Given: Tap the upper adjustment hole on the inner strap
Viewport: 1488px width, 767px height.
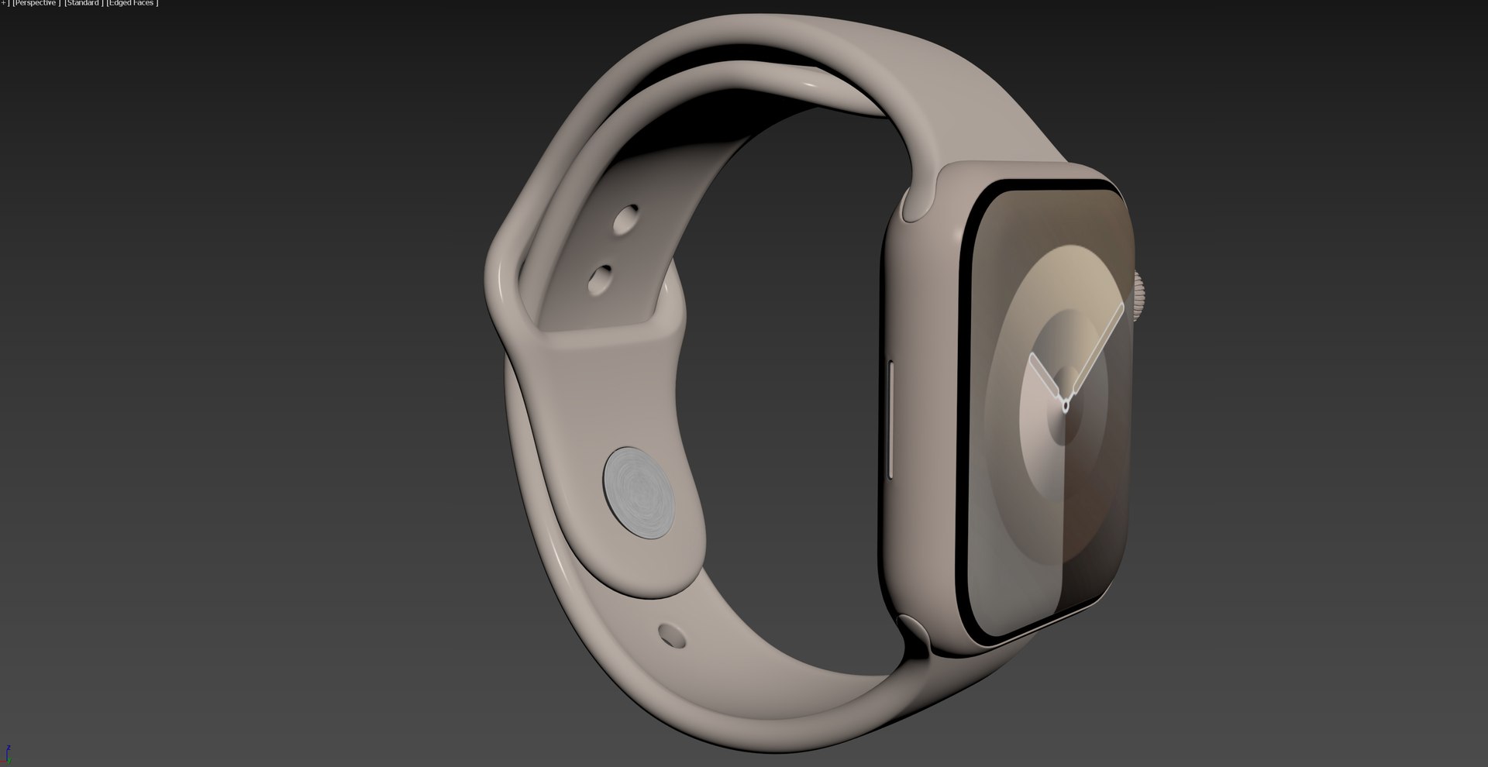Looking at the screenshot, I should pos(625,219).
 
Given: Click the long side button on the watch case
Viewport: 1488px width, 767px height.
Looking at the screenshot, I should pos(891,418).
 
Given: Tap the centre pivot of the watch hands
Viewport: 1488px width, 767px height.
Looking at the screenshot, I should pos(1066,404).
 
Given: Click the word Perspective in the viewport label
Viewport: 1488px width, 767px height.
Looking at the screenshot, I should pos(36,3).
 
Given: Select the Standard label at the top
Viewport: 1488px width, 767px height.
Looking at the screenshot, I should pos(83,3).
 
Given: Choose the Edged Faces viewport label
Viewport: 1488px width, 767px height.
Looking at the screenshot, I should pos(132,3).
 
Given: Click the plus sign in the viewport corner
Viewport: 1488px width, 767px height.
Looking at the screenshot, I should pos(2,3).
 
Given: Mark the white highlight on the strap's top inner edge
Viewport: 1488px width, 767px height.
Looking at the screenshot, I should pos(810,80).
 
